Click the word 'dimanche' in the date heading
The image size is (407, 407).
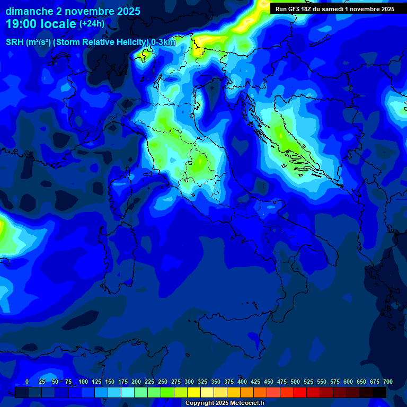click(x=29, y=11)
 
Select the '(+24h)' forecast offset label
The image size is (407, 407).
click(x=92, y=24)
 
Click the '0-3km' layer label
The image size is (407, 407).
click(x=163, y=42)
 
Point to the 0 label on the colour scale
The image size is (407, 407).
click(x=27, y=382)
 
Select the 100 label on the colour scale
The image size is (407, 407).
click(x=83, y=382)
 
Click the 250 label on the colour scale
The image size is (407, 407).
click(x=163, y=382)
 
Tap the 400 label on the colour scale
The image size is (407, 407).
click(x=242, y=382)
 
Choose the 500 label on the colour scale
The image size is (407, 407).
click(x=295, y=382)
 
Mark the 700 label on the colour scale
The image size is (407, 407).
click(x=388, y=382)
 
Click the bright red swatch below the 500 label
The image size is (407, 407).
click(x=300, y=392)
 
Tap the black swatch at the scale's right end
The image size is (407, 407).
click(x=379, y=392)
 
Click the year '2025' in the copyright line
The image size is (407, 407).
click(x=222, y=403)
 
